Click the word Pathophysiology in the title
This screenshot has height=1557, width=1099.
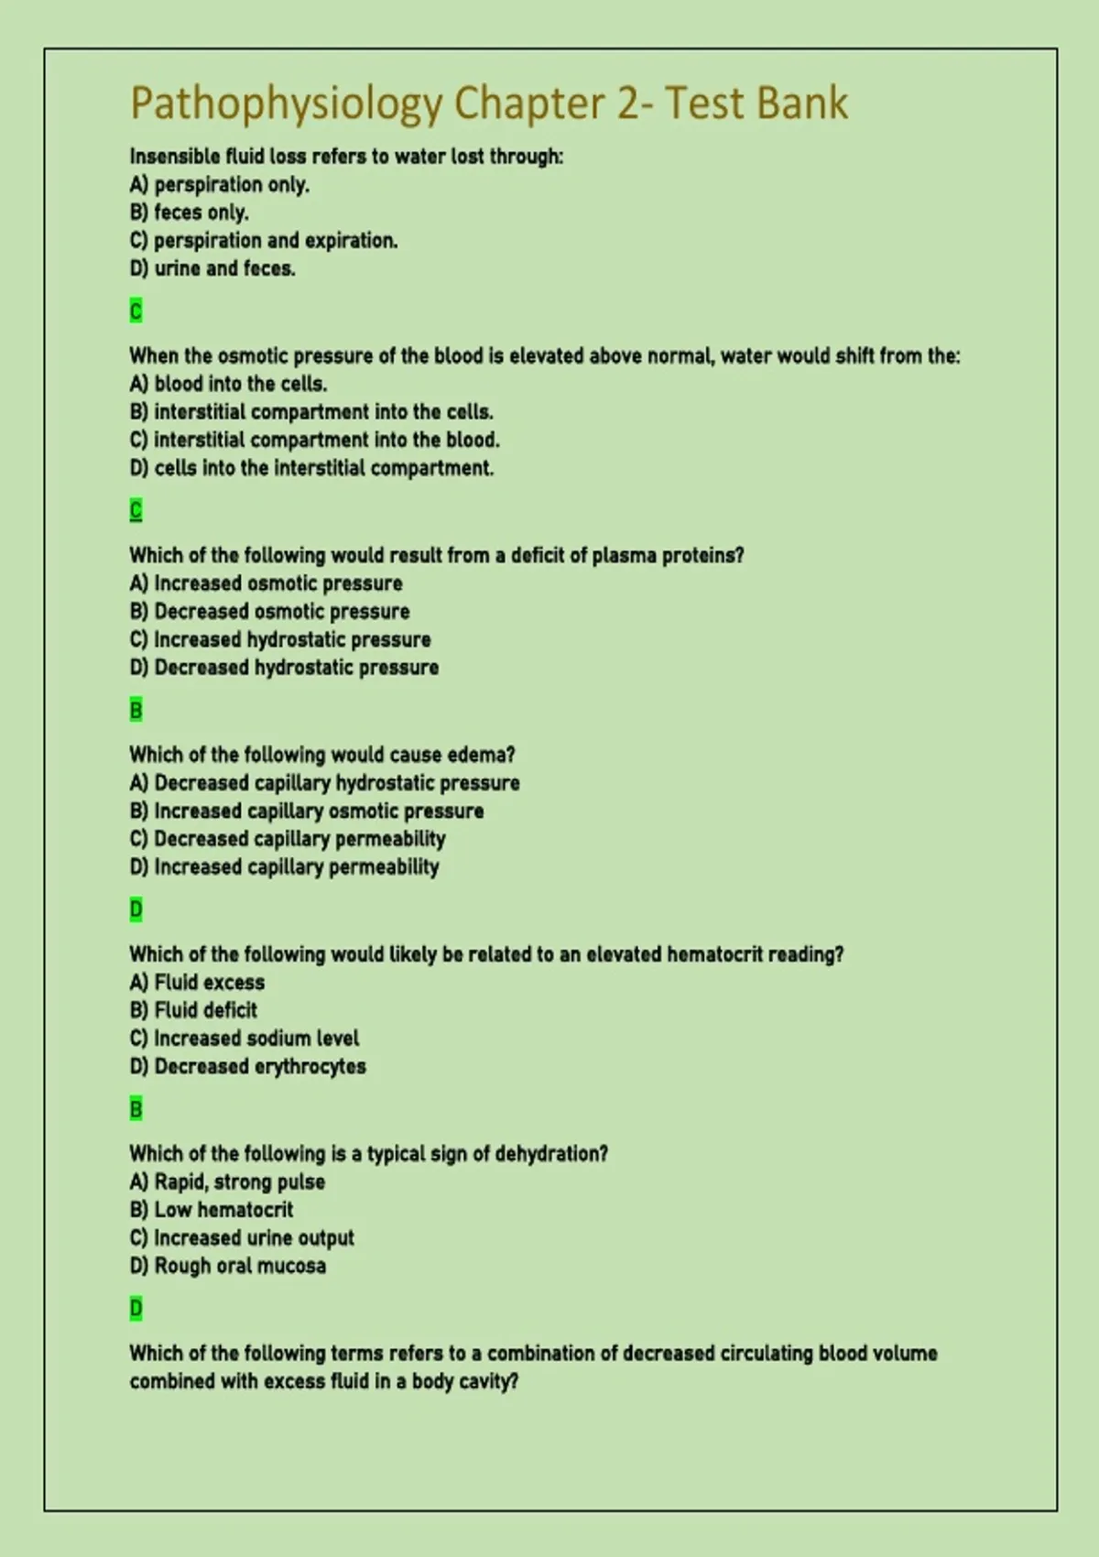(x=286, y=103)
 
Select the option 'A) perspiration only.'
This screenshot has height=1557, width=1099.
(x=220, y=184)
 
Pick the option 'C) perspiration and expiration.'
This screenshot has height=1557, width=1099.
(x=264, y=240)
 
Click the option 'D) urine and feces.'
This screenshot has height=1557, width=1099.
(x=212, y=268)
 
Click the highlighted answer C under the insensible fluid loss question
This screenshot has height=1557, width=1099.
(x=136, y=311)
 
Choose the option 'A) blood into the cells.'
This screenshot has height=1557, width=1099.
(x=228, y=384)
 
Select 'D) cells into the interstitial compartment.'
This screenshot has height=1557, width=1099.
(x=311, y=468)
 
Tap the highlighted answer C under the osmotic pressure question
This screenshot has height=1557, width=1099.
(x=136, y=510)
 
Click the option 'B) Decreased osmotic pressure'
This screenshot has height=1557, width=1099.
(x=269, y=611)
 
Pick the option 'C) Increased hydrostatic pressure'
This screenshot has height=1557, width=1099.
(x=280, y=639)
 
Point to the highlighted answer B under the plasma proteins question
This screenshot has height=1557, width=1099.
(x=136, y=710)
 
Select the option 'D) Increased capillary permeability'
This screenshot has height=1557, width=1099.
(x=284, y=866)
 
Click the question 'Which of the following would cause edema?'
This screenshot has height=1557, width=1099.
(x=321, y=755)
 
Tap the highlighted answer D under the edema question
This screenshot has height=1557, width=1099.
(x=136, y=909)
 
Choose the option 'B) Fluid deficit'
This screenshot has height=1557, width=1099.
(x=193, y=1010)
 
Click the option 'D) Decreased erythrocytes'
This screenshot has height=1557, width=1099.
(x=247, y=1066)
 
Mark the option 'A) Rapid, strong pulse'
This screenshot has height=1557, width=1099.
(x=227, y=1181)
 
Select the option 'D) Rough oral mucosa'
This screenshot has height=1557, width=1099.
(x=227, y=1266)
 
